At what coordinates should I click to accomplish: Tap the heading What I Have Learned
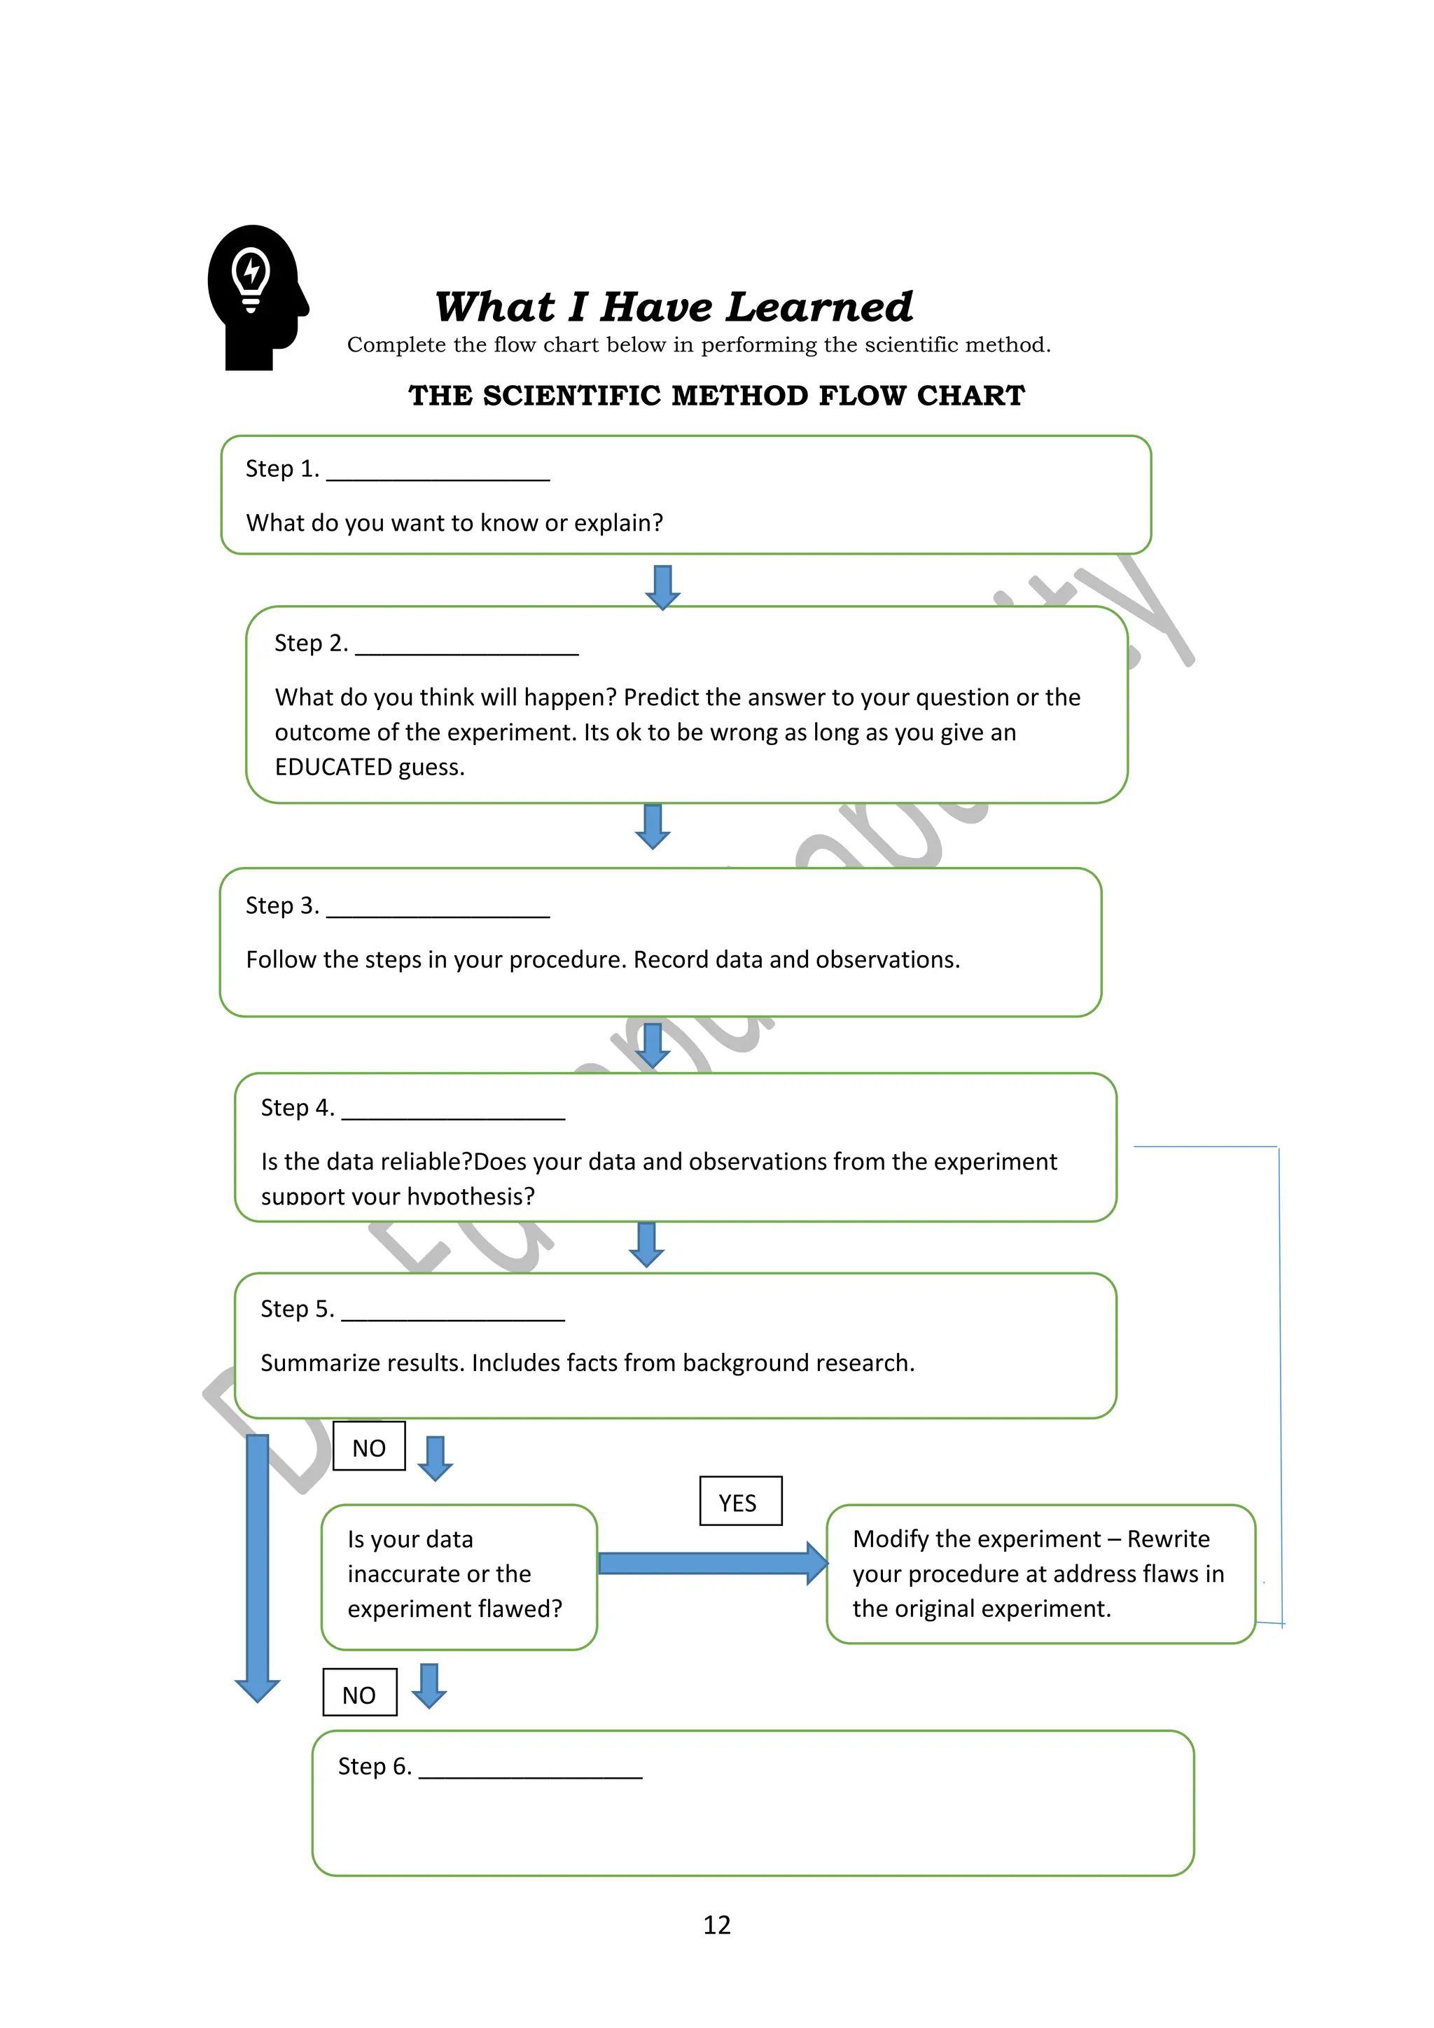click(673, 307)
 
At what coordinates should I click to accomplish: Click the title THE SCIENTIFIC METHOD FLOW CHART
click(716, 396)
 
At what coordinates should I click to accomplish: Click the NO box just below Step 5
click(369, 1447)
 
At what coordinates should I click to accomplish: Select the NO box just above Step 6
click(359, 1694)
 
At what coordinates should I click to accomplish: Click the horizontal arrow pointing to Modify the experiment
click(711, 1564)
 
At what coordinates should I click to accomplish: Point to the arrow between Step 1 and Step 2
click(662, 587)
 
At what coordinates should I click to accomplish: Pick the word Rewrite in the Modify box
click(1167, 1539)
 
